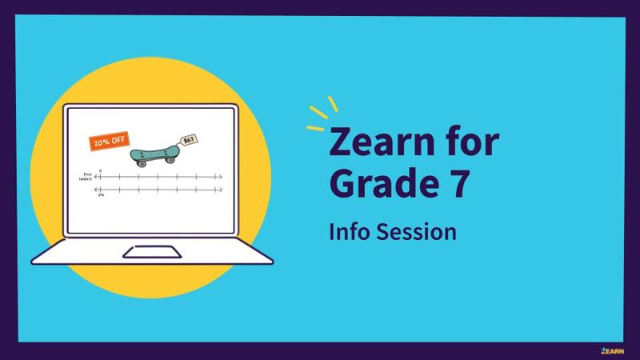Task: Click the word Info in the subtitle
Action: tap(346, 232)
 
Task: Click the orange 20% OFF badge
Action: tap(109, 141)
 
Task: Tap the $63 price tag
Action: tap(189, 140)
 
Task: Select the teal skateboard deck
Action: tap(154, 151)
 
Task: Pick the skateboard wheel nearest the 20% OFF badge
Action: tap(142, 162)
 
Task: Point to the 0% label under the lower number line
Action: tap(101, 195)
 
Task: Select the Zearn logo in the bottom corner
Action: tap(612, 350)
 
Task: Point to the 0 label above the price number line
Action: tap(101, 170)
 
